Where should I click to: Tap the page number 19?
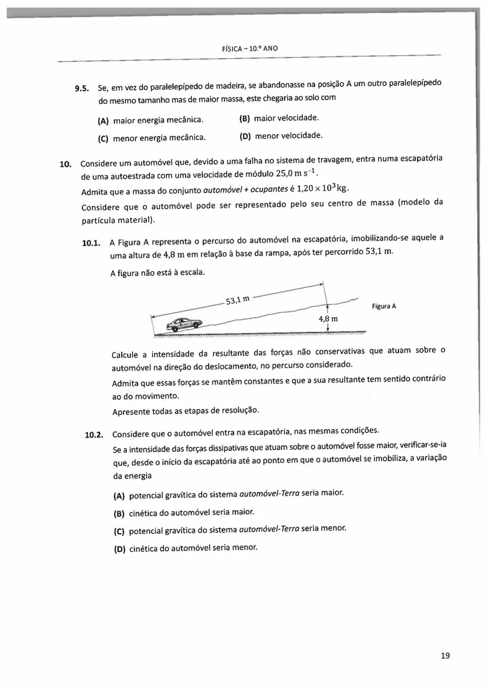pos(445,656)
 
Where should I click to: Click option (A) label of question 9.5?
pos(103,121)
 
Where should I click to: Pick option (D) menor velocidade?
pos(281,136)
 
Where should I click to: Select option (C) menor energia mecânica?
pos(152,138)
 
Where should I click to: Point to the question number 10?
pos(65,164)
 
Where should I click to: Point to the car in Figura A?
pos(184,323)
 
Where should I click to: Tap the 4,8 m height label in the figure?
pos(328,319)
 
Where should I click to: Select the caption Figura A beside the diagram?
pos(384,306)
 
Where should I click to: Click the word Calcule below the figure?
pos(125,355)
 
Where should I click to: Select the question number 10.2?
pos(94,435)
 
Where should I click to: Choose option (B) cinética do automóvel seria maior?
pos(184,513)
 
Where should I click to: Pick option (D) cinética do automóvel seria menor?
pos(186,549)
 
